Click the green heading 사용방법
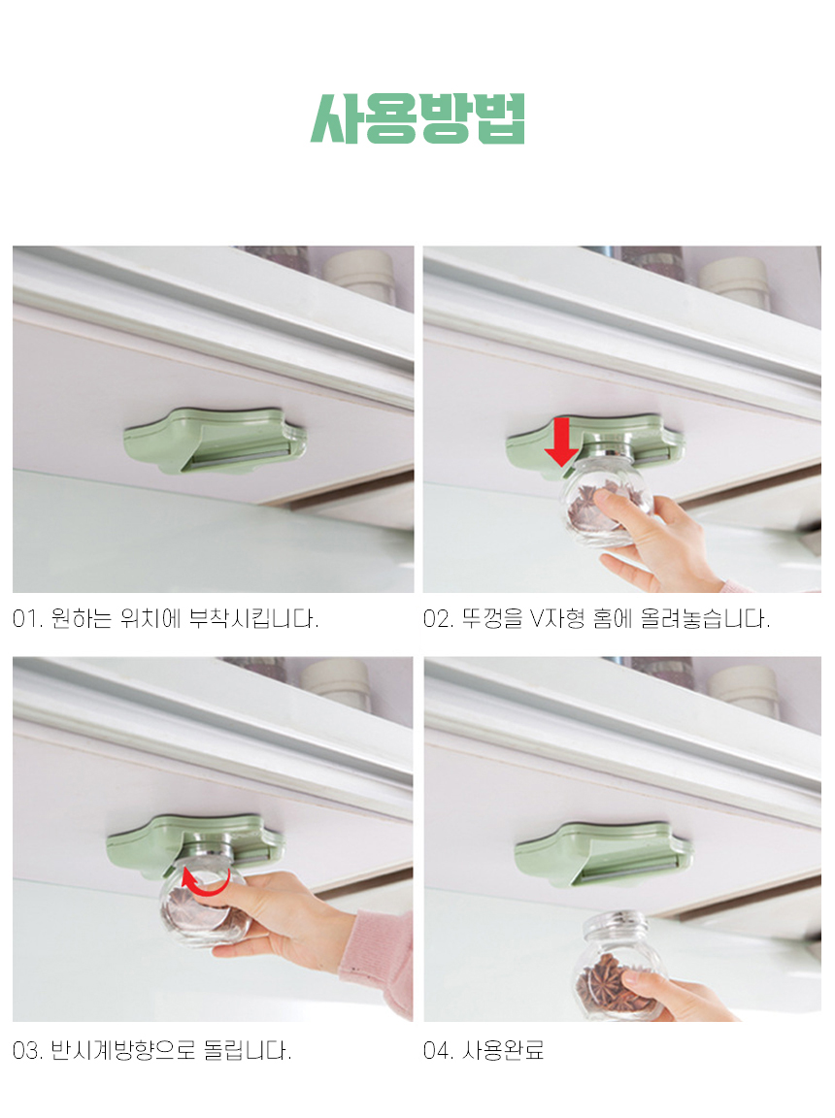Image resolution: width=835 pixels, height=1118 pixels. coord(417,119)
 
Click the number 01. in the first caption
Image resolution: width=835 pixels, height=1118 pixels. coord(28,618)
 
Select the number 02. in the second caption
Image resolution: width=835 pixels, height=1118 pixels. coord(439,618)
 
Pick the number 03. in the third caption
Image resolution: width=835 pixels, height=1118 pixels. coord(28,1050)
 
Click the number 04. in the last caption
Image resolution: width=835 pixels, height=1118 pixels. coord(439,1050)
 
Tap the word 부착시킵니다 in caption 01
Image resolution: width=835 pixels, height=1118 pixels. coord(253,618)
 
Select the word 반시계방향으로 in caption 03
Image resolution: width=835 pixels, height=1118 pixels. coord(123,1050)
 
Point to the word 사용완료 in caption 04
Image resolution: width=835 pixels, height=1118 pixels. coord(503,1050)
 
